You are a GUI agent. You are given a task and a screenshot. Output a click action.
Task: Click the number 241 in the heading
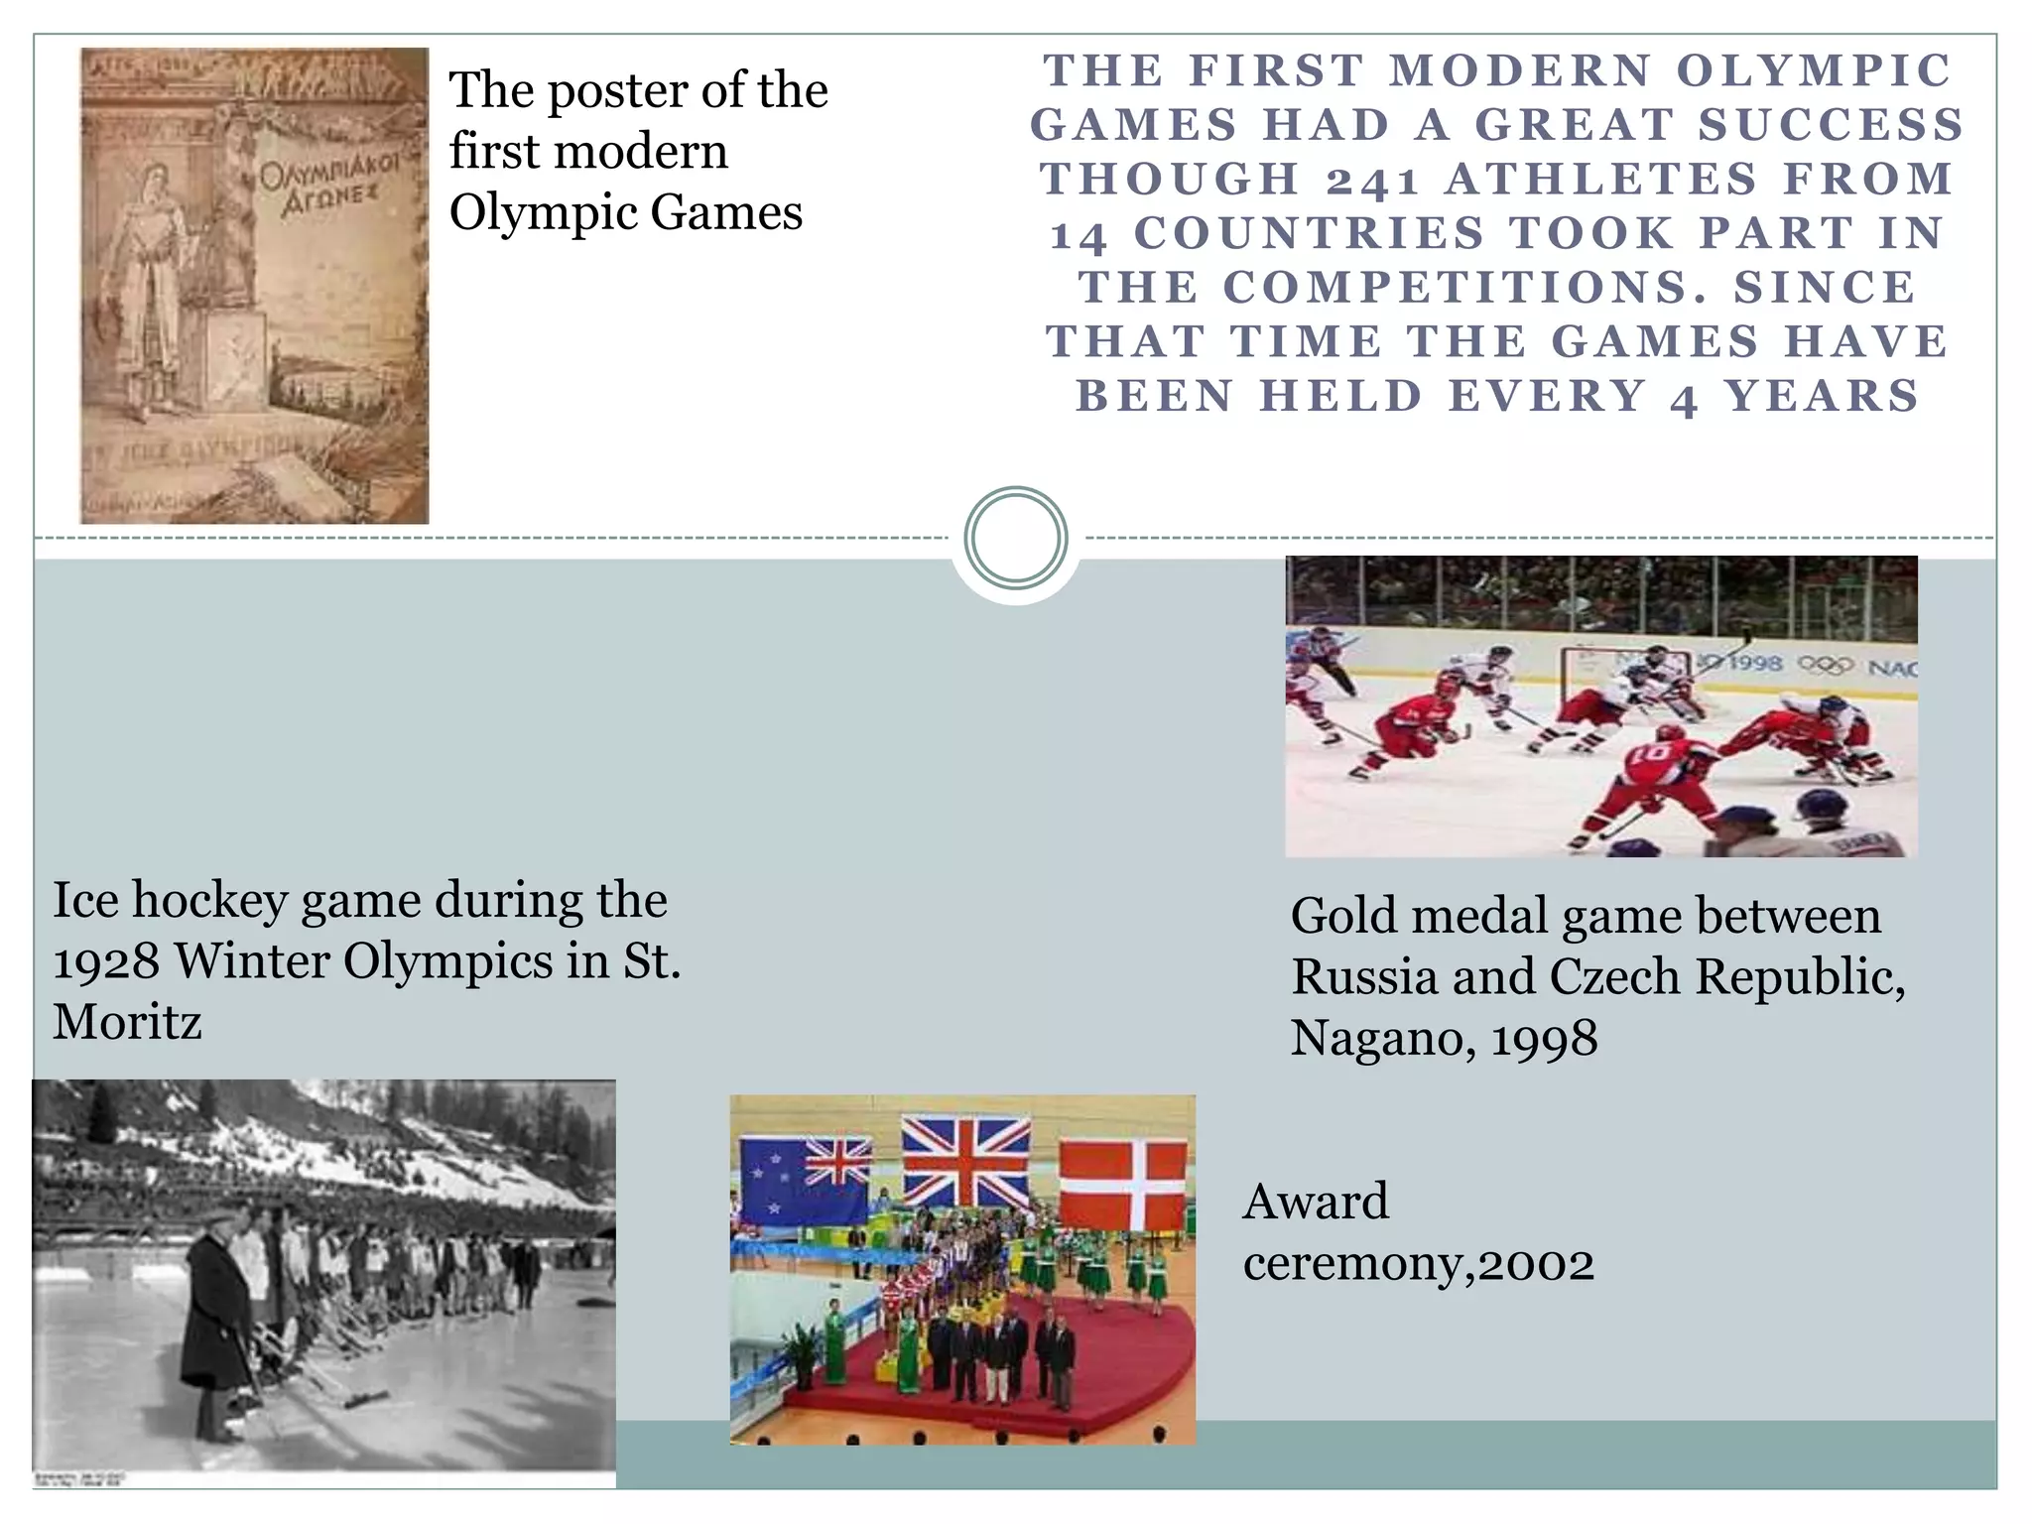pyautogui.click(x=1372, y=181)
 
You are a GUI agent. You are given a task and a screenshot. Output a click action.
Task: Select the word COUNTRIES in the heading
pyautogui.click(x=1309, y=234)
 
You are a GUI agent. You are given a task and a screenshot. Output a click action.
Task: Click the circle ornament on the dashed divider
pyautogui.click(x=1016, y=538)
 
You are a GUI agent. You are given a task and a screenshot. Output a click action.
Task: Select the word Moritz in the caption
pyautogui.click(x=127, y=1022)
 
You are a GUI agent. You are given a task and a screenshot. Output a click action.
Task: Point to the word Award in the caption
pyautogui.click(x=1316, y=1202)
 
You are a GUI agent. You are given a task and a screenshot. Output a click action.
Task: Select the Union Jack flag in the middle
pyautogui.click(x=964, y=1161)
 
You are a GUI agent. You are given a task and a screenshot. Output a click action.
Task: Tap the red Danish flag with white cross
pyautogui.click(x=1122, y=1184)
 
